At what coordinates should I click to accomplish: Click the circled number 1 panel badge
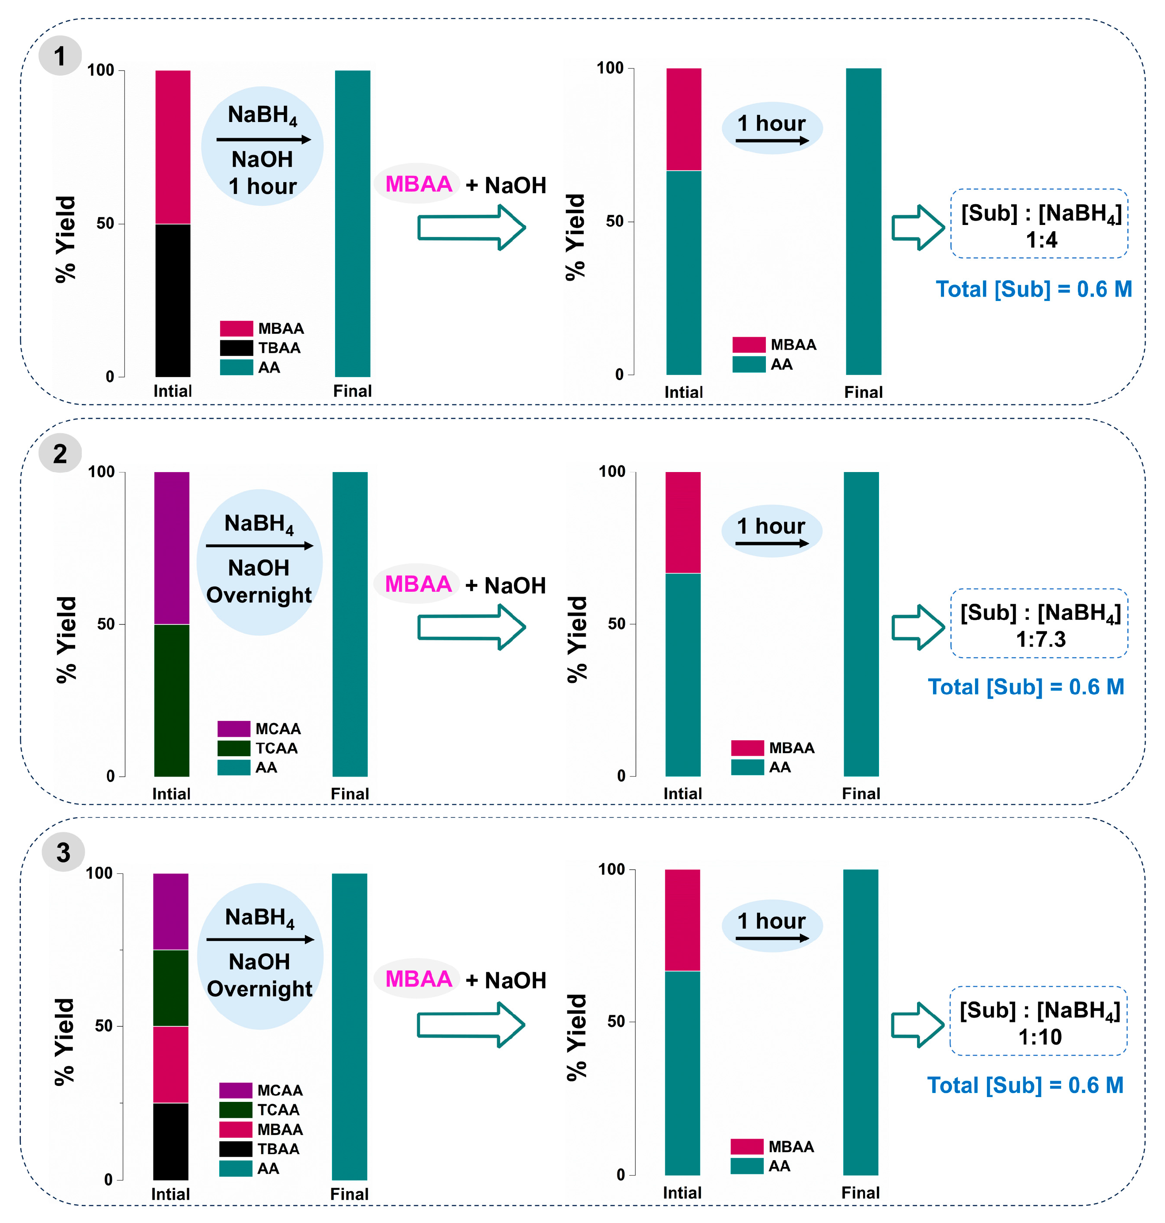tap(60, 56)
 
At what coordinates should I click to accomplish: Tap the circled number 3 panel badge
tap(63, 852)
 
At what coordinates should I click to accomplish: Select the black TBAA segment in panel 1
tap(173, 300)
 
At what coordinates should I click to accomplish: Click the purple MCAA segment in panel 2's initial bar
tap(171, 548)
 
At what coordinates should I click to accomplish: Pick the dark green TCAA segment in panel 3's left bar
tap(171, 987)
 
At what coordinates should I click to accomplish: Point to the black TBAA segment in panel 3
tap(171, 1141)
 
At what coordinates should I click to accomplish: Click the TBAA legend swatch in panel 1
tap(236, 348)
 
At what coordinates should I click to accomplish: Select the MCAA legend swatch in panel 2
tap(233, 728)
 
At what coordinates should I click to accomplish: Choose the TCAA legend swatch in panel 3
tap(236, 1109)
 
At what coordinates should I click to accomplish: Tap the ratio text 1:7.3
tap(1040, 639)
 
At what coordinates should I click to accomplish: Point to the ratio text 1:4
tap(1041, 240)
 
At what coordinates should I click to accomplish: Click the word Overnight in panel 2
tap(259, 595)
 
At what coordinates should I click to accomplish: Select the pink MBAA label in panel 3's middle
tap(418, 979)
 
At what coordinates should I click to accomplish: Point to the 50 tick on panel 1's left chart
tap(106, 224)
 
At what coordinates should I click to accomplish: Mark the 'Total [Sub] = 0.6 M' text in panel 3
tap(1025, 1085)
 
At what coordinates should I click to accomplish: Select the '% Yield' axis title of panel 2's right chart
tap(577, 639)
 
